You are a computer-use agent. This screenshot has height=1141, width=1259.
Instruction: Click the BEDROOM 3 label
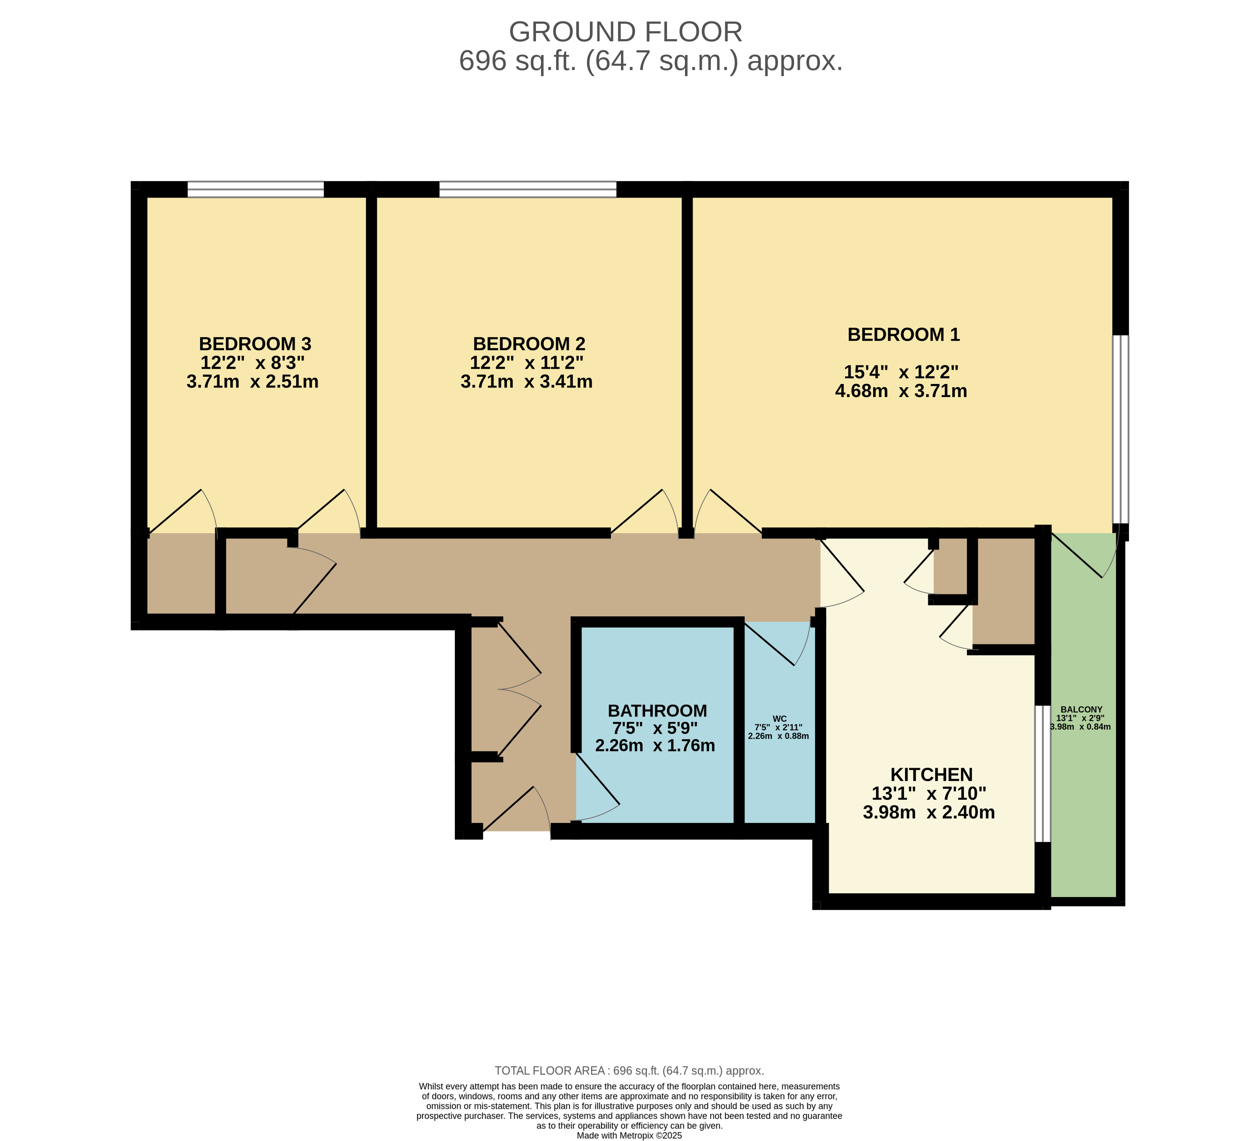pos(255,344)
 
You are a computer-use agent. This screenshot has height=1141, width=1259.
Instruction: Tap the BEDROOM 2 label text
pos(529,344)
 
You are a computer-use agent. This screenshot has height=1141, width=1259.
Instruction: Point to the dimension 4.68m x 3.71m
pos(901,391)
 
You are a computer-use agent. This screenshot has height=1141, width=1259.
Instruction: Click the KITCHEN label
pos(931,775)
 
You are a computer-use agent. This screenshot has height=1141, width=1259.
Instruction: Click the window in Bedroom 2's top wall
pos(528,189)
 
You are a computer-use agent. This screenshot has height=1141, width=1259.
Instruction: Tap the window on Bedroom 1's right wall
pos(1121,429)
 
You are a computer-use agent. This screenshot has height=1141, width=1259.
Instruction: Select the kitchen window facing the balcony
pos(1042,774)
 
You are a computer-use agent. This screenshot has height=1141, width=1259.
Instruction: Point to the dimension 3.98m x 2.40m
pos(929,812)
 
